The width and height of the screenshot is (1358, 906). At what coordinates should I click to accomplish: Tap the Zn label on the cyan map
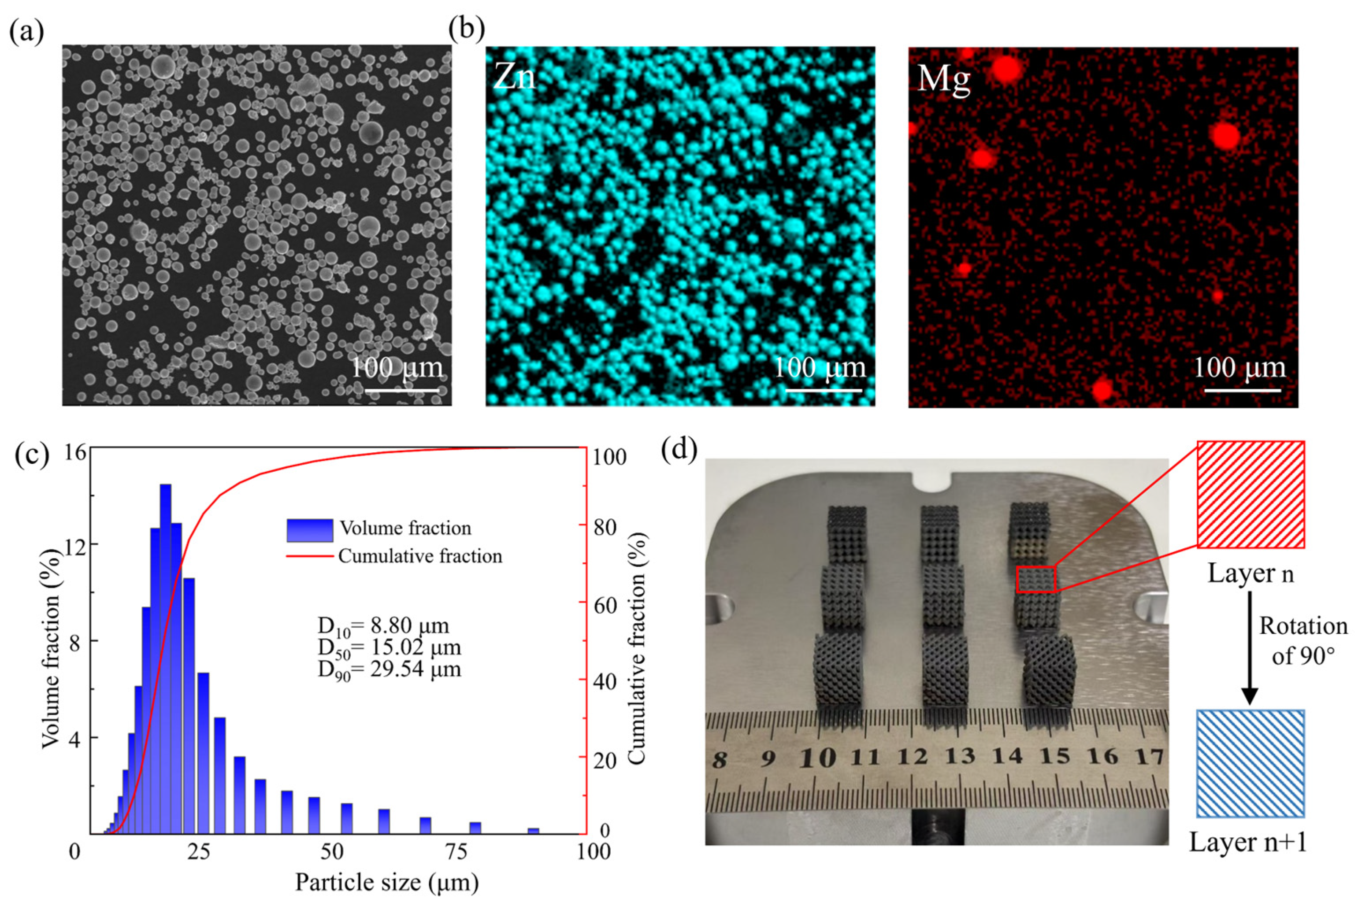(514, 77)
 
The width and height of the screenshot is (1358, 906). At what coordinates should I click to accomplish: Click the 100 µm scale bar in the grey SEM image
(402, 391)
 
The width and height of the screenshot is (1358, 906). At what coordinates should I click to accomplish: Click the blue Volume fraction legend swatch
(310, 530)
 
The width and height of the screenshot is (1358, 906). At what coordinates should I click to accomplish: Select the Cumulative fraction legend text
(420, 556)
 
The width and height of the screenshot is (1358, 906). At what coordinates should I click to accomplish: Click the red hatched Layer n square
(1250, 494)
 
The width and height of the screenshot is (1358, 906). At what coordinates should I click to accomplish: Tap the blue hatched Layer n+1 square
(1250, 763)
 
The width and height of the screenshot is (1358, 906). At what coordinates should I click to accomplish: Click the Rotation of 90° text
(1303, 640)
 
